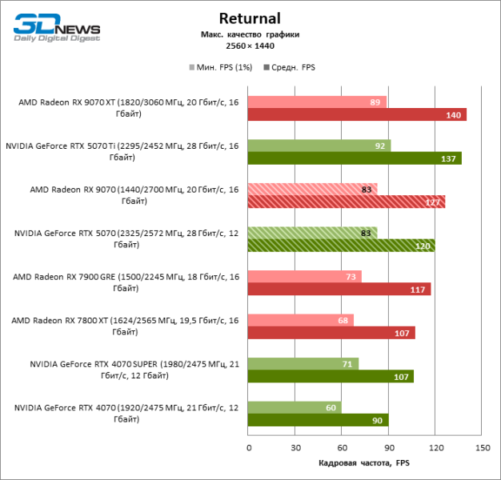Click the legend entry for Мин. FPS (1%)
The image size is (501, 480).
tap(220, 67)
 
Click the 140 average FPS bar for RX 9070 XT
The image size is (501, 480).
tap(357, 115)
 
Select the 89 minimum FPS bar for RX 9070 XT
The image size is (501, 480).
tap(317, 102)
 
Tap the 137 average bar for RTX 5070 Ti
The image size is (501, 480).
tap(355, 158)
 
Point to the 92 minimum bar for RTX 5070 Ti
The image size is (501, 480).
tap(319, 146)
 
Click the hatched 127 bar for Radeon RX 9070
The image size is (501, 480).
tap(347, 202)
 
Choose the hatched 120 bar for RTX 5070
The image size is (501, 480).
tap(341, 246)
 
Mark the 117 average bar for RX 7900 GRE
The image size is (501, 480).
tap(339, 289)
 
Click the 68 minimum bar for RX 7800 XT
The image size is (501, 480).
tap(301, 320)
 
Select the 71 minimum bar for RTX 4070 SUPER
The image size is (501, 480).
tap(303, 363)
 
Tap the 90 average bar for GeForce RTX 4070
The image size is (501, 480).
tap(318, 420)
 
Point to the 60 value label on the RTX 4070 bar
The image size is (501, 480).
tap(331, 407)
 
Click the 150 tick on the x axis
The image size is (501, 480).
tap(482, 448)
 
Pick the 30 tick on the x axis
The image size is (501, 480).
tap(295, 448)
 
